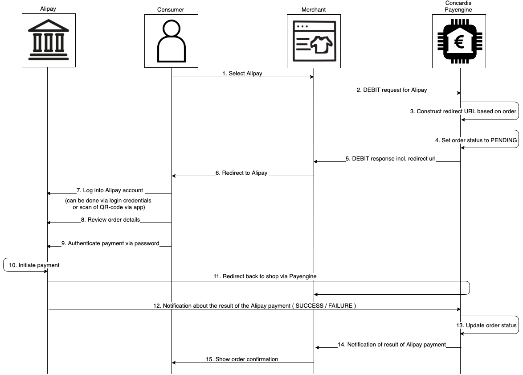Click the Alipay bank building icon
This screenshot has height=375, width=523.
[x=48, y=40]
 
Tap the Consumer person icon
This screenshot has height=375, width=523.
[x=171, y=41]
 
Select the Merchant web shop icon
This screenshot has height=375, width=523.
[x=314, y=41]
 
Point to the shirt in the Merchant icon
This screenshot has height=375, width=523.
[x=321, y=45]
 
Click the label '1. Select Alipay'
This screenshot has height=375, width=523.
[x=242, y=74]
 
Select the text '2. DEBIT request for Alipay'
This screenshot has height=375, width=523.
[x=392, y=90]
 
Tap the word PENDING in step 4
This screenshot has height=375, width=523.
[x=503, y=140]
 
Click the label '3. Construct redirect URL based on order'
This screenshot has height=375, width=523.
[x=463, y=111]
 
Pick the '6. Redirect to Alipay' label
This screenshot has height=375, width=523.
[x=241, y=173]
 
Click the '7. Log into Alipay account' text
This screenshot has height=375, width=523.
[x=113, y=190]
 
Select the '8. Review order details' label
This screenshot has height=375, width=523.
[x=110, y=219]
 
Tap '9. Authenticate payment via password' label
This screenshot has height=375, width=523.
[x=110, y=243]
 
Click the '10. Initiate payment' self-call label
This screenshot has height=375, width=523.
[x=34, y=265]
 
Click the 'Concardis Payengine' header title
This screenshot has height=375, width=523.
[x=458, y=6]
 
